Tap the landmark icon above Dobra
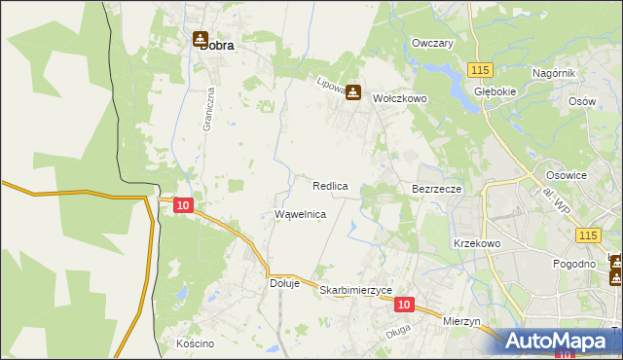coord(201,40)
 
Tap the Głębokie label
coord(494,92)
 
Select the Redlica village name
coord(330,185)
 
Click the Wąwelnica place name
coord(300,214)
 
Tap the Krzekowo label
coord(476,243)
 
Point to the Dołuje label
coord(284,284)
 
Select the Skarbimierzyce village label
coord(355,291)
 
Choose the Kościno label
coord(195,343)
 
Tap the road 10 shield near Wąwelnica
coord(183,205)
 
